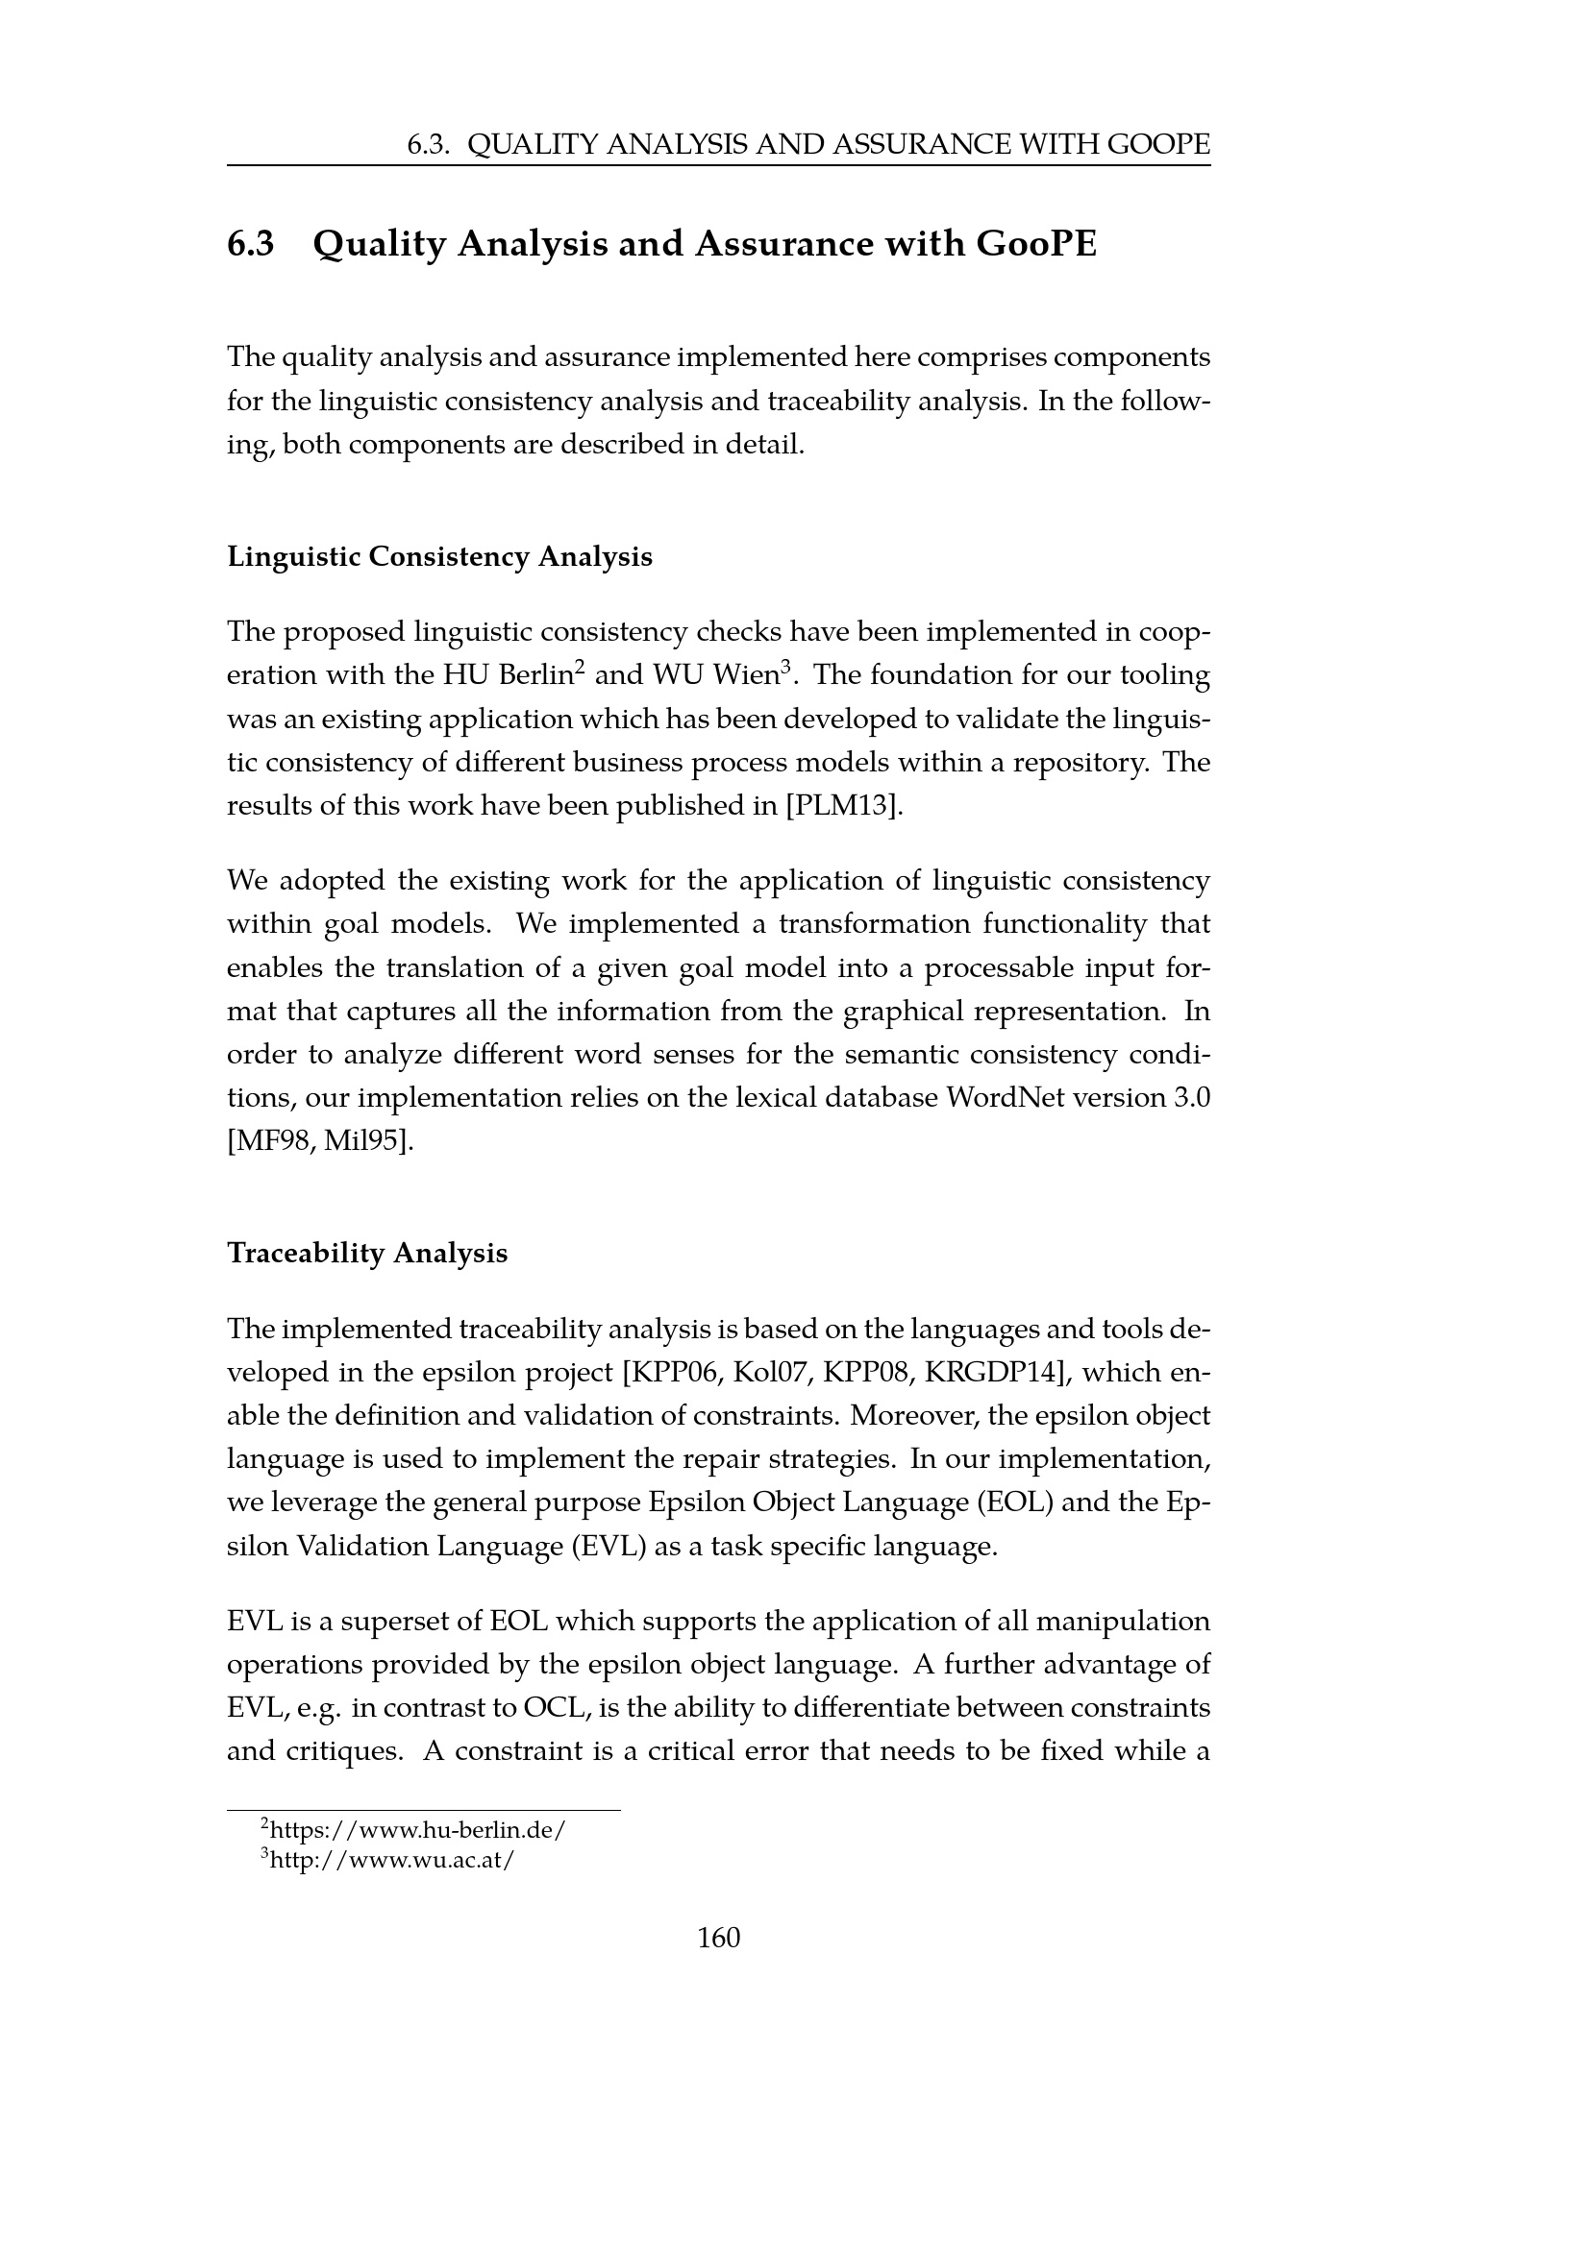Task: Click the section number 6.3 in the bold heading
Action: coord(250,244)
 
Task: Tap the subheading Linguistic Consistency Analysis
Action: coord(439,557)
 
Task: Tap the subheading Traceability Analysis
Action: coord(367,1253)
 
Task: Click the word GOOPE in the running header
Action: coord(1158,145)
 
